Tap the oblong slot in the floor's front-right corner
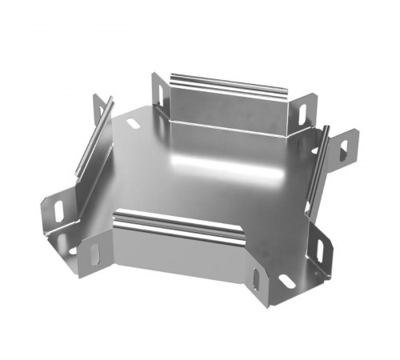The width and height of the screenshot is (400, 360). pos(284,281)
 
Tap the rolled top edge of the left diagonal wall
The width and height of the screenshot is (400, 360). pos(94,136)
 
